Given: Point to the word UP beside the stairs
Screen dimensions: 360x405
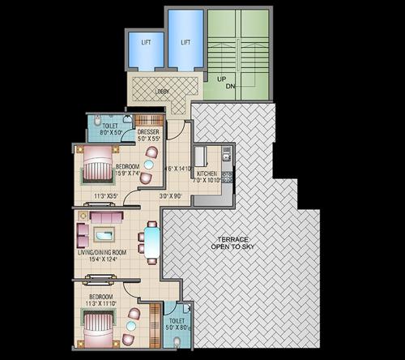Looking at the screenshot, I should tap(220, 79).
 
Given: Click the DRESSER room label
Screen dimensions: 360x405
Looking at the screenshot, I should tap(148, 131).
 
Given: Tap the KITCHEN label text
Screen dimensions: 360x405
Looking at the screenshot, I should tap(207, 173).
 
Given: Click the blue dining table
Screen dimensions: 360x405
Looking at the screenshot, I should tap(151, 242).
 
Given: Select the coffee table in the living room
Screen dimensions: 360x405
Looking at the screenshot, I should tap(105, 235).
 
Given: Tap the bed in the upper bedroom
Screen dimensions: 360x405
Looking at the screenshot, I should tap(96, 169).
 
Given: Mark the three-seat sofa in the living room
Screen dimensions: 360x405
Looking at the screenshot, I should tap(105, 217).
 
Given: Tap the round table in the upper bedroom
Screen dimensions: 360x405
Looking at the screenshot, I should tap(147, 165).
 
